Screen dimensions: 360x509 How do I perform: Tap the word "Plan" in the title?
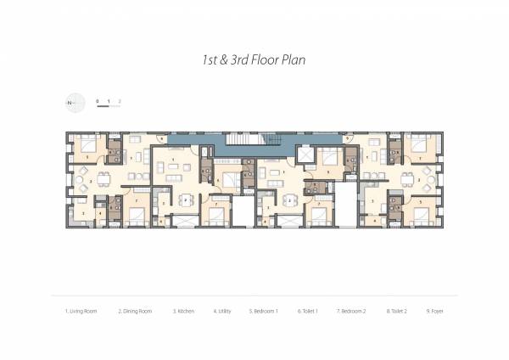click(x=291, y=60)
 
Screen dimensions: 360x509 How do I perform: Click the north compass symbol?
click(x=75, y=103)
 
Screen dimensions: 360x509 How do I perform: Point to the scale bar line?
click(x=109, y=108)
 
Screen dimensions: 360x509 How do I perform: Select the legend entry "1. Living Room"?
click(x=81, y=312)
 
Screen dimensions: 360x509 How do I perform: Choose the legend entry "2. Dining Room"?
click(x=134, y=312)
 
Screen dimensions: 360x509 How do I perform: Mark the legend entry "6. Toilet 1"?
click(x=307, y=312)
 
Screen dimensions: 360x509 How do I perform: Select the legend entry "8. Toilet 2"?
click(x=397, y=312)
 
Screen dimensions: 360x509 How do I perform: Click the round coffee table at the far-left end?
click(x=81, y=180)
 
